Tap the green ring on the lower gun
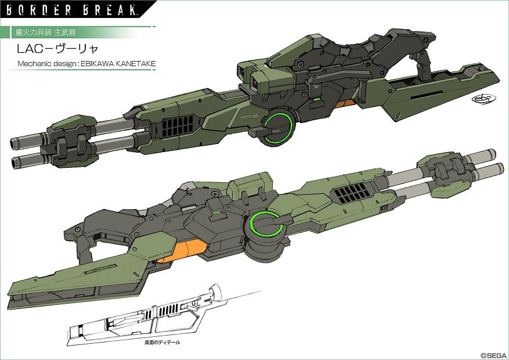(x=266, y=225)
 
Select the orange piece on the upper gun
(x=346, y=105)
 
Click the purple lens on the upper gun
(x=256, y=85)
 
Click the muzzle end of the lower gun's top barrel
(x=489, y=154)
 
